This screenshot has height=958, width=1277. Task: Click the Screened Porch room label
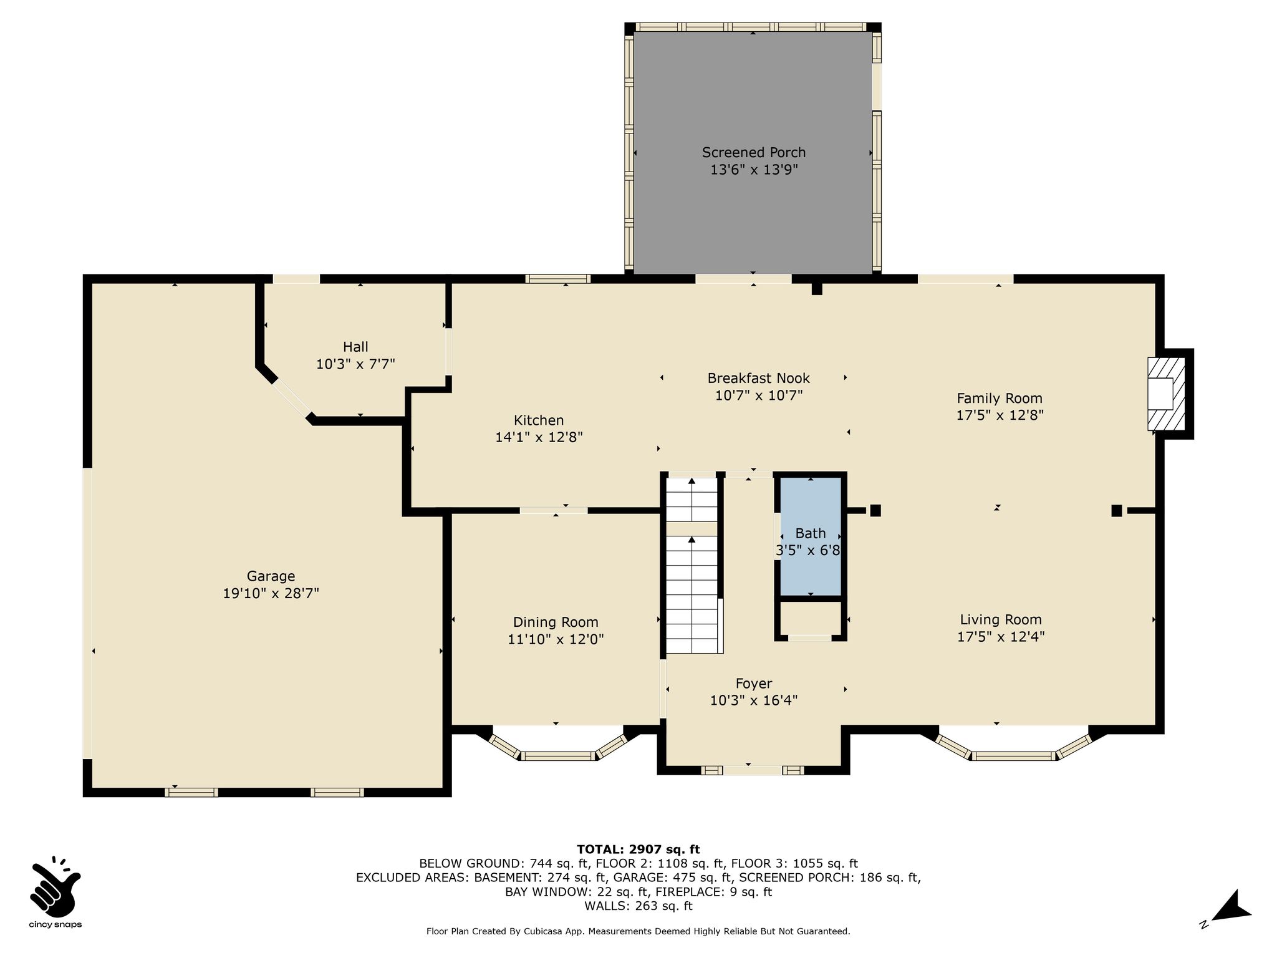pyautogui.click(x=753, y=152)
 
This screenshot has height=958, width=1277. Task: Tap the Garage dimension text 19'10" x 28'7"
pyautogui.click(x=271, y=593)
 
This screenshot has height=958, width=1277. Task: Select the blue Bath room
pyautogui.click(x=810, y=537)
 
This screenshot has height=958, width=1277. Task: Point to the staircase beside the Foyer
pyautogui.click(x=692, y=565)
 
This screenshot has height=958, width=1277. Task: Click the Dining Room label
pyautogui.click(x=556, y=622)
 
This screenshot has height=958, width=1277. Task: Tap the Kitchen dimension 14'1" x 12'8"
pyautogui.click(x=539, y=437)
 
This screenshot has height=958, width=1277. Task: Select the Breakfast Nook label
pyautogui.click(x=758, y=378)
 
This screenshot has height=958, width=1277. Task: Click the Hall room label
pyautogui.click(x=355, y=347)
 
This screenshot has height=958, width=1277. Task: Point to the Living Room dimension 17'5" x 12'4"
pyautogui.click(x=1001, y=637)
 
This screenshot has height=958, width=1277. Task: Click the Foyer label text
pyautogui.click(x=753, y=684)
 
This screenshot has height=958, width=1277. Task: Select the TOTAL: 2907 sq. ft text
pyautogui.click(x=638, y=849)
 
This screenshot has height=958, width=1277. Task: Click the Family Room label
pyautogui.click(x=1000, y=399)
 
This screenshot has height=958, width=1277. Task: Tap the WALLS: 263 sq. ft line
pyautogui.click(x=638, y=906)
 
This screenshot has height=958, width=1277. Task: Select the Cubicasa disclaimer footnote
pyautogui.click(x=638, y=931)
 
